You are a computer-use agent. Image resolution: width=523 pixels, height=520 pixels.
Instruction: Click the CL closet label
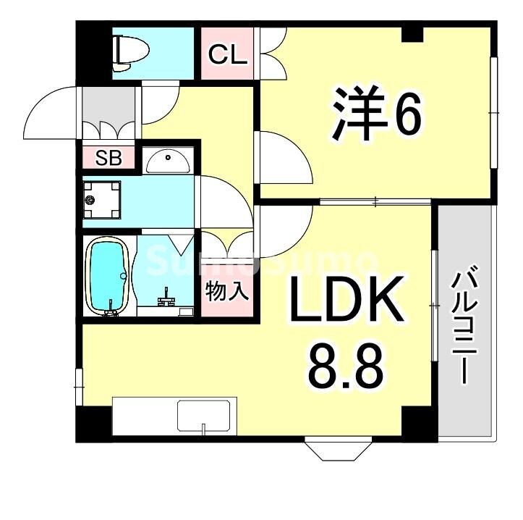[228, 54]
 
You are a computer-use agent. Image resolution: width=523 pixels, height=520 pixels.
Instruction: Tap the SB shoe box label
[109, 159]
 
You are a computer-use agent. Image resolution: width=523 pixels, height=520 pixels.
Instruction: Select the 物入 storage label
[227, 292]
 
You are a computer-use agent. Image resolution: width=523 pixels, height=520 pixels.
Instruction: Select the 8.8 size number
[345, 366]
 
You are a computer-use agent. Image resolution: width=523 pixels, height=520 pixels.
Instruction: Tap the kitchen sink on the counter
[204, 416]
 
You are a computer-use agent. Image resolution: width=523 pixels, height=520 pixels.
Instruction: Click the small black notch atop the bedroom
[412, 33]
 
